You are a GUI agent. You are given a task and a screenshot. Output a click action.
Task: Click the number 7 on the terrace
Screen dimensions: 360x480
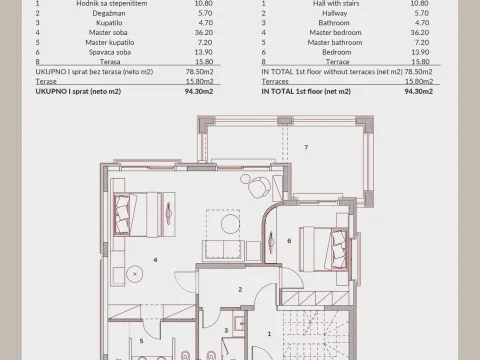point(306,147)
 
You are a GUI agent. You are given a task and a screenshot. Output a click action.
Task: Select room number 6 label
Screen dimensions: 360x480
point(288,240)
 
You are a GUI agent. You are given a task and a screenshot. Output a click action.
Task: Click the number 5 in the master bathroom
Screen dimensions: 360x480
point(141,340)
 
